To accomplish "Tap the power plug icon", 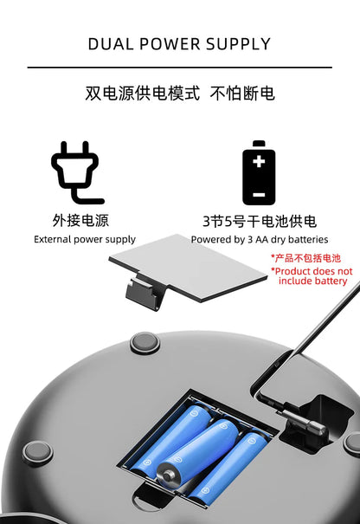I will [x=77, y=172].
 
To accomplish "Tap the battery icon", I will [x=259, y=172].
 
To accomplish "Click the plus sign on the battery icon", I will [x=259, y=162].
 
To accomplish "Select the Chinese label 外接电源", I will [x=80, y=220].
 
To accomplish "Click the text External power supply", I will [x=85, y=239].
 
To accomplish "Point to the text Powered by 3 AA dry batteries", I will [x=260, y=239].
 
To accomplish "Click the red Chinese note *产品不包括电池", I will [x=306, y=258].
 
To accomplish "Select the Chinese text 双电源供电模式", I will [x=143, y=93].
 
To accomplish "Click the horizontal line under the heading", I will [x=180, y=68].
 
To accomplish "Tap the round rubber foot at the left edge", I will [x=37, y=451].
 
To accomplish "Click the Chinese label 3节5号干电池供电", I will [x=260, y=220].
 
